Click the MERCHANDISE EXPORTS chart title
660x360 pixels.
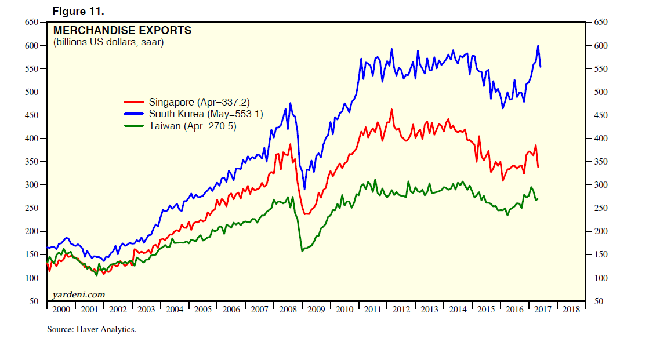pyautogui.click(x=122, y=30)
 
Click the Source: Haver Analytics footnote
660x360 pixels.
pyautogui.click(x=92, y=329)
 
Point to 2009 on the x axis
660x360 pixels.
pyautogui.click(x=316, y=310)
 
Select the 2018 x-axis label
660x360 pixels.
pyautogui.click(x=571, y=310)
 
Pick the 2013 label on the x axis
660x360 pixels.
pyautogui.click(x=429, y=310)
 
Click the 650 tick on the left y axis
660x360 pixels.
pyautogui.click(x=31, y=22)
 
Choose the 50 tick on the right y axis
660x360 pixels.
pyautogui.click(x=598, y=301)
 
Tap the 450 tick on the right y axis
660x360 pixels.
pyautogui.click(x=600, y=115)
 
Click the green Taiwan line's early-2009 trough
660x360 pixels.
pyautogui.click(x=302, y=250)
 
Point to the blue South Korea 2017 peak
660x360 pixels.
pyautogui.click(x=538, y=46)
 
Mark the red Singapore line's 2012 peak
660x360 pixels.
pyautogui.click(x=392, y=109)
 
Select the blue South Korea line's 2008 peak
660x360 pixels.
pyautogui.click(x=290, y=103)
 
